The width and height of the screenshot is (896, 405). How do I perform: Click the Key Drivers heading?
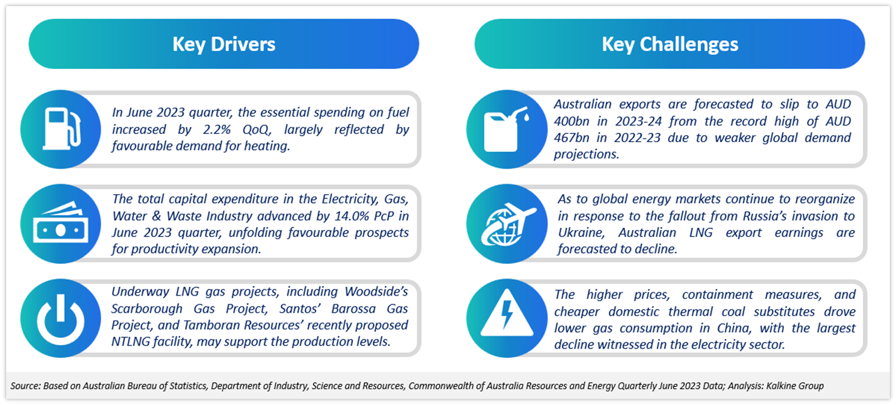[224, 44]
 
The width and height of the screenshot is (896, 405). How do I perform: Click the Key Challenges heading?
[670, 44]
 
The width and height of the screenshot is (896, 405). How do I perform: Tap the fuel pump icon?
[62, 129]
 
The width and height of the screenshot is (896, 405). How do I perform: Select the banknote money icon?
[61, 222]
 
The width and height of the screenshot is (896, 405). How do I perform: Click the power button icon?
[61, 320]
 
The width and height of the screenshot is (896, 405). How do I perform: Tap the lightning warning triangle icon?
[507, 312]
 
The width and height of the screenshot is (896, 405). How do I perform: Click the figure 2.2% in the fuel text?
[217, 129]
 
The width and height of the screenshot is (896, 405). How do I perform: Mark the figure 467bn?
[571, 138]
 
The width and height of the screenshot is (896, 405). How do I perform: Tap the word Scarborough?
[147, 308]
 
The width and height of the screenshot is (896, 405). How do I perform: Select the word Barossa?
[354, 308]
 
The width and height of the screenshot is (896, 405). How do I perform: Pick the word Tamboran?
[207, 325]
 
